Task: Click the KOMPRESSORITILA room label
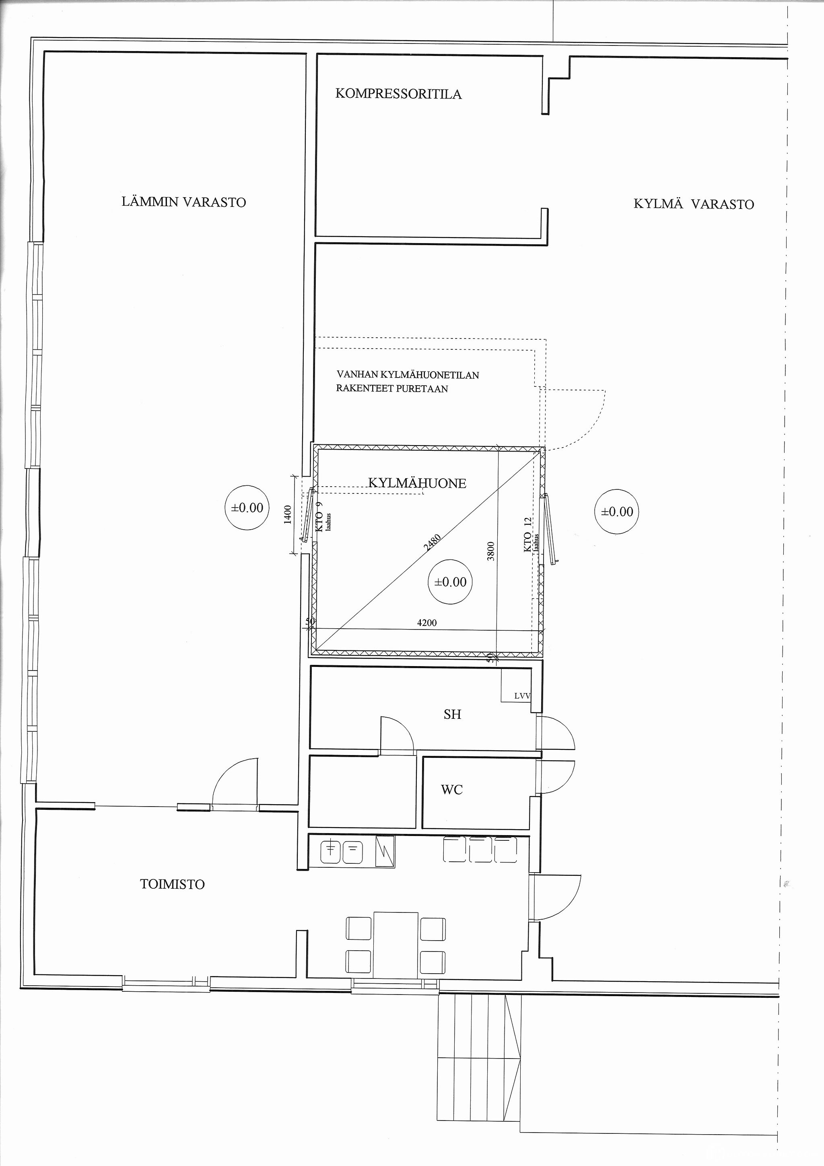point(399,94)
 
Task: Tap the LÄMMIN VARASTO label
point(184,202)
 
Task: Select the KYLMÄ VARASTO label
point(694,204)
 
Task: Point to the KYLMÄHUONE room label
point(417,483)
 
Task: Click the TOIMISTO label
point(173,884)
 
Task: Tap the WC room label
point(451,790)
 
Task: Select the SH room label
point(452,714)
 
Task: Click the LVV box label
point(522,696)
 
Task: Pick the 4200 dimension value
point(427,623)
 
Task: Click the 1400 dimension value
point(288,515)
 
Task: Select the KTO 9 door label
point(319,517)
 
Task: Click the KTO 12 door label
point(527,535)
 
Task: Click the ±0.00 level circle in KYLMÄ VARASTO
point(617,512)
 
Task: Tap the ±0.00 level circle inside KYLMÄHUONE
point(450,582)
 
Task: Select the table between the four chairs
point(396,945)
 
